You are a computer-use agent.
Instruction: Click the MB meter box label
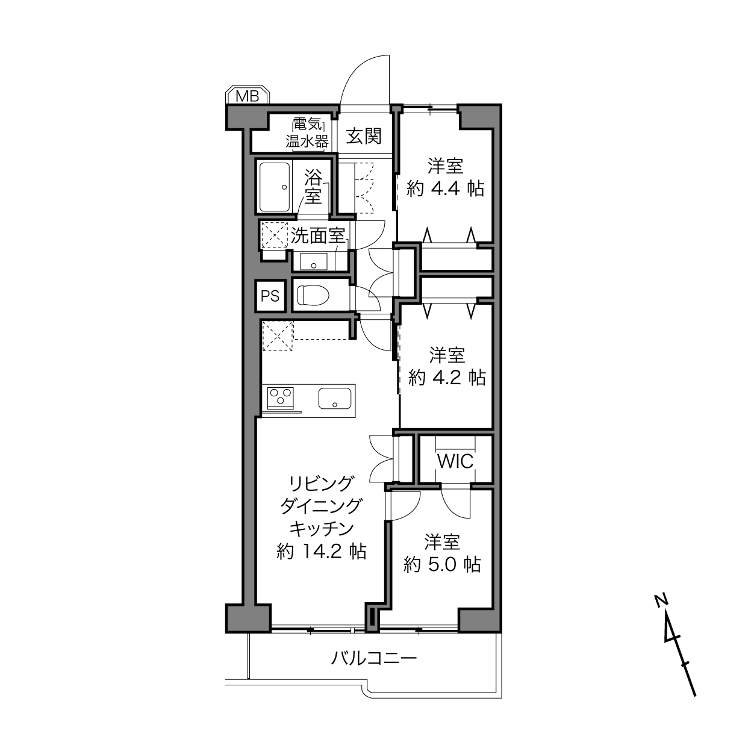coord(248,96)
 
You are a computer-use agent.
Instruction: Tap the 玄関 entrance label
coord(364,137)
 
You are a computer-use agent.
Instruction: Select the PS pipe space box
coord(270,296)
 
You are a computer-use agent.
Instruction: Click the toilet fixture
coord(313,295)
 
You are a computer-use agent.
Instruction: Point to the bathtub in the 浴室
coord(275,187)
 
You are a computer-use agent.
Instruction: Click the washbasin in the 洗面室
coord(313,261)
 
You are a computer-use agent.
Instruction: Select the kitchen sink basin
coord(335,398)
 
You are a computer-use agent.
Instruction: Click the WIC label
coord(455,461)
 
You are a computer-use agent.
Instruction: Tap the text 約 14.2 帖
coord(322,552)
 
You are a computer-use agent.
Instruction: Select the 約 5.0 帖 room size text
coord(442,564)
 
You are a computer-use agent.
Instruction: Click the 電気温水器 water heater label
coord(307,134)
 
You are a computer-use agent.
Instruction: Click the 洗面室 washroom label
coord(318,236)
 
